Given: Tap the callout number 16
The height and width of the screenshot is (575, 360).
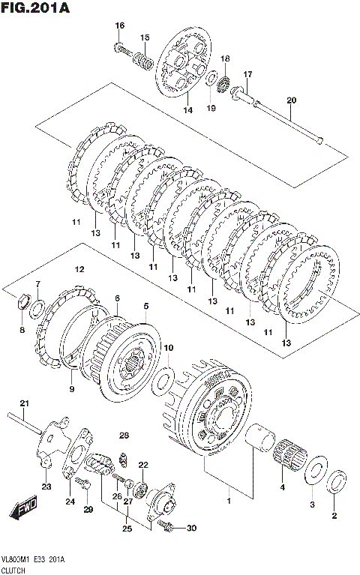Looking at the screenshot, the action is tap(120, 25).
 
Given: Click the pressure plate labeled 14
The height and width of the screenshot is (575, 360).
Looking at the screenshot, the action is tap(184, 62).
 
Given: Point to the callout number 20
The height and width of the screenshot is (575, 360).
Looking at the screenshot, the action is tap(292, 100).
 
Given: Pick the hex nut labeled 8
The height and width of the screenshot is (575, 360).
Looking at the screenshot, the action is tap(22, 301).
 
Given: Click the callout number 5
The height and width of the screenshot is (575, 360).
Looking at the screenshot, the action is tap(146, 305).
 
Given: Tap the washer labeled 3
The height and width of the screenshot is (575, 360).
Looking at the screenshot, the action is tap(314, 471).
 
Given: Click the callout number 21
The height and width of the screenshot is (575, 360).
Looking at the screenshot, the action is tap(24, 403).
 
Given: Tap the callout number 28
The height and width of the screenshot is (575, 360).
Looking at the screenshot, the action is tap(124, 436).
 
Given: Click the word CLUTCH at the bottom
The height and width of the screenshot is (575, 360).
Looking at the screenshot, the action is tap(13, 571).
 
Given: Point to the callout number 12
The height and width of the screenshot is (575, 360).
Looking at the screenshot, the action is tap(79, 270).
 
